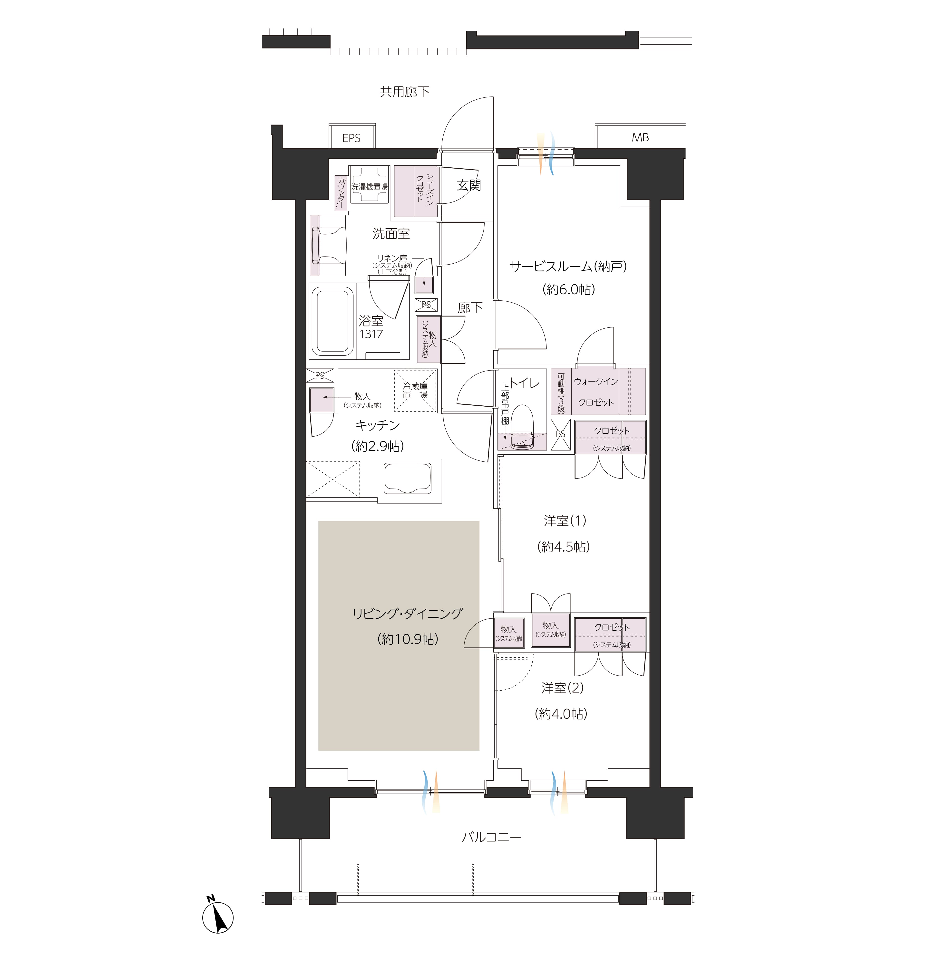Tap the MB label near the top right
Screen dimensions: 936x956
[640, 138]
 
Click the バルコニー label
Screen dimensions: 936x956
[491, 837]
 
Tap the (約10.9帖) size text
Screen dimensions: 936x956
[408, 639]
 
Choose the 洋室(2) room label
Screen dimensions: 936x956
[562, 688]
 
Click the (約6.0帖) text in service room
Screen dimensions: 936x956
[569, 289]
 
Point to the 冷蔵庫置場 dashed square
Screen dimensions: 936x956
[415, 391]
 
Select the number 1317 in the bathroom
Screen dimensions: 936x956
[371, 334]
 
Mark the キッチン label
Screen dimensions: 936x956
[378, 425]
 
